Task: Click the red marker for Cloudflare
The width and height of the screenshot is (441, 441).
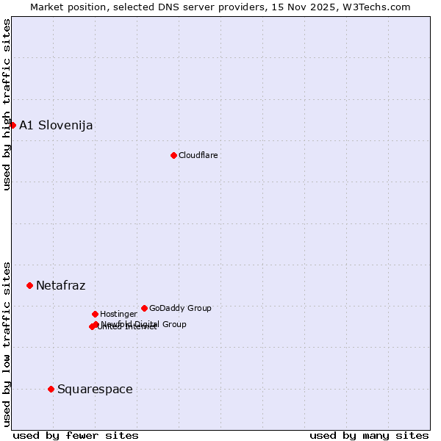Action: [x=173, y=155]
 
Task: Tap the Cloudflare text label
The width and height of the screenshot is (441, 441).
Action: [x=198, y=155]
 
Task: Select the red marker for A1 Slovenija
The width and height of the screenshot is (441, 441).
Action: [x=12, y=125]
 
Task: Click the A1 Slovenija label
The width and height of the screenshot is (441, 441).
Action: [x=56, y=125]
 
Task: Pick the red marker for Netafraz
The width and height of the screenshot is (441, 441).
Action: [x=29, y=285]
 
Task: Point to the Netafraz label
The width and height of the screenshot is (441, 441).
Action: [x=60, y=285]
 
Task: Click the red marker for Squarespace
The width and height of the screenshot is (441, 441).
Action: [x=51, y=389]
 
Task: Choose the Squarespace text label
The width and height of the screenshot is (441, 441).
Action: [x=95, y=389]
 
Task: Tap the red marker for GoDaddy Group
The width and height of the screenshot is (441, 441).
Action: [x=144, y=308]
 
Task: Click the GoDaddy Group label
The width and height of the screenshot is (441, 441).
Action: [x=180, y=308]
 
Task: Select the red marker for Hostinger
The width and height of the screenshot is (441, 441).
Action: [x=95, y=314]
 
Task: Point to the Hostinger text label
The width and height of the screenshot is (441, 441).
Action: [x=118, y=314]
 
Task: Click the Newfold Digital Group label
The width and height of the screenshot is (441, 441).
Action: [x=144, y=323]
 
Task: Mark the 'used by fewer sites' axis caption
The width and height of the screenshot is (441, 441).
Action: [x=76, y=435]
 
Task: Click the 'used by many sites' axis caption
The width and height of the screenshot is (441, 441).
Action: [x=369, y=435]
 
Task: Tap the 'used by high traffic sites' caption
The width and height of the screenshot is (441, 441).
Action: [x=7, y=104]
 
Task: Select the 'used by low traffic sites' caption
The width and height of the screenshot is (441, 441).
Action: [x=7, y=343]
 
